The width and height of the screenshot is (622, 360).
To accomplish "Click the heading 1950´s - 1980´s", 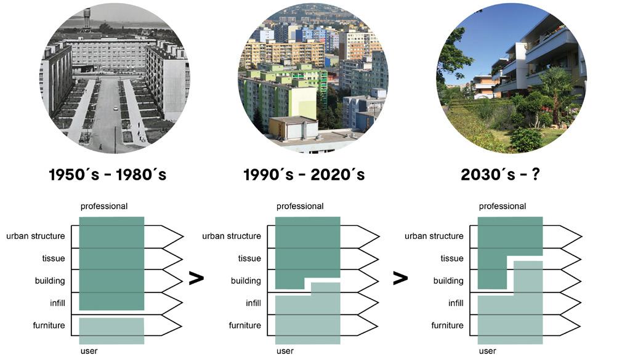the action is [x=108, y=175].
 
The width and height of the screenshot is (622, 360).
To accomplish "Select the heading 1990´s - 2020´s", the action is [x=304, y=175].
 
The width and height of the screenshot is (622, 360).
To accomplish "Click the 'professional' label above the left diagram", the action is [x=104, y=206].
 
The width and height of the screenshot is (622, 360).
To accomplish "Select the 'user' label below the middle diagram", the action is [x=285, y=351].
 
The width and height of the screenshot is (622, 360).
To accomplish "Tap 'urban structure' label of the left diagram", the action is [x=36, y=236].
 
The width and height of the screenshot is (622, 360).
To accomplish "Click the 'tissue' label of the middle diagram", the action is [x=250, y=258].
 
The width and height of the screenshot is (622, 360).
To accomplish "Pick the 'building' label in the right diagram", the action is [x=448, y=281].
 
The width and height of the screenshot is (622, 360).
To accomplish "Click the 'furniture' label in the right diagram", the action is [x=447, y=325].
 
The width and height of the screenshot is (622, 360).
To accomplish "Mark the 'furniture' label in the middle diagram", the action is [x=245, y=325].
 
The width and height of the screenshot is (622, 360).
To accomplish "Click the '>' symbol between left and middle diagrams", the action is [x=196, y=278].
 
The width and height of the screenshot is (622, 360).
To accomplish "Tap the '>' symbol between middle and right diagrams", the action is [x=400, y=278].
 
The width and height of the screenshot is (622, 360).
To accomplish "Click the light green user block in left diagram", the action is [x=111, y=330].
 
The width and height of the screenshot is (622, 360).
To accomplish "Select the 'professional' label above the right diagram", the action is [x=503, y=206].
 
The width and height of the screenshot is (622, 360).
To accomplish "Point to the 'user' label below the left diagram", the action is [x=89, y=351].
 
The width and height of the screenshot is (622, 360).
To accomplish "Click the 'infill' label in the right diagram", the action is [x=456, y=303].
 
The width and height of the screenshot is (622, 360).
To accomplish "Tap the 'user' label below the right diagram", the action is [x=487, y=351].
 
